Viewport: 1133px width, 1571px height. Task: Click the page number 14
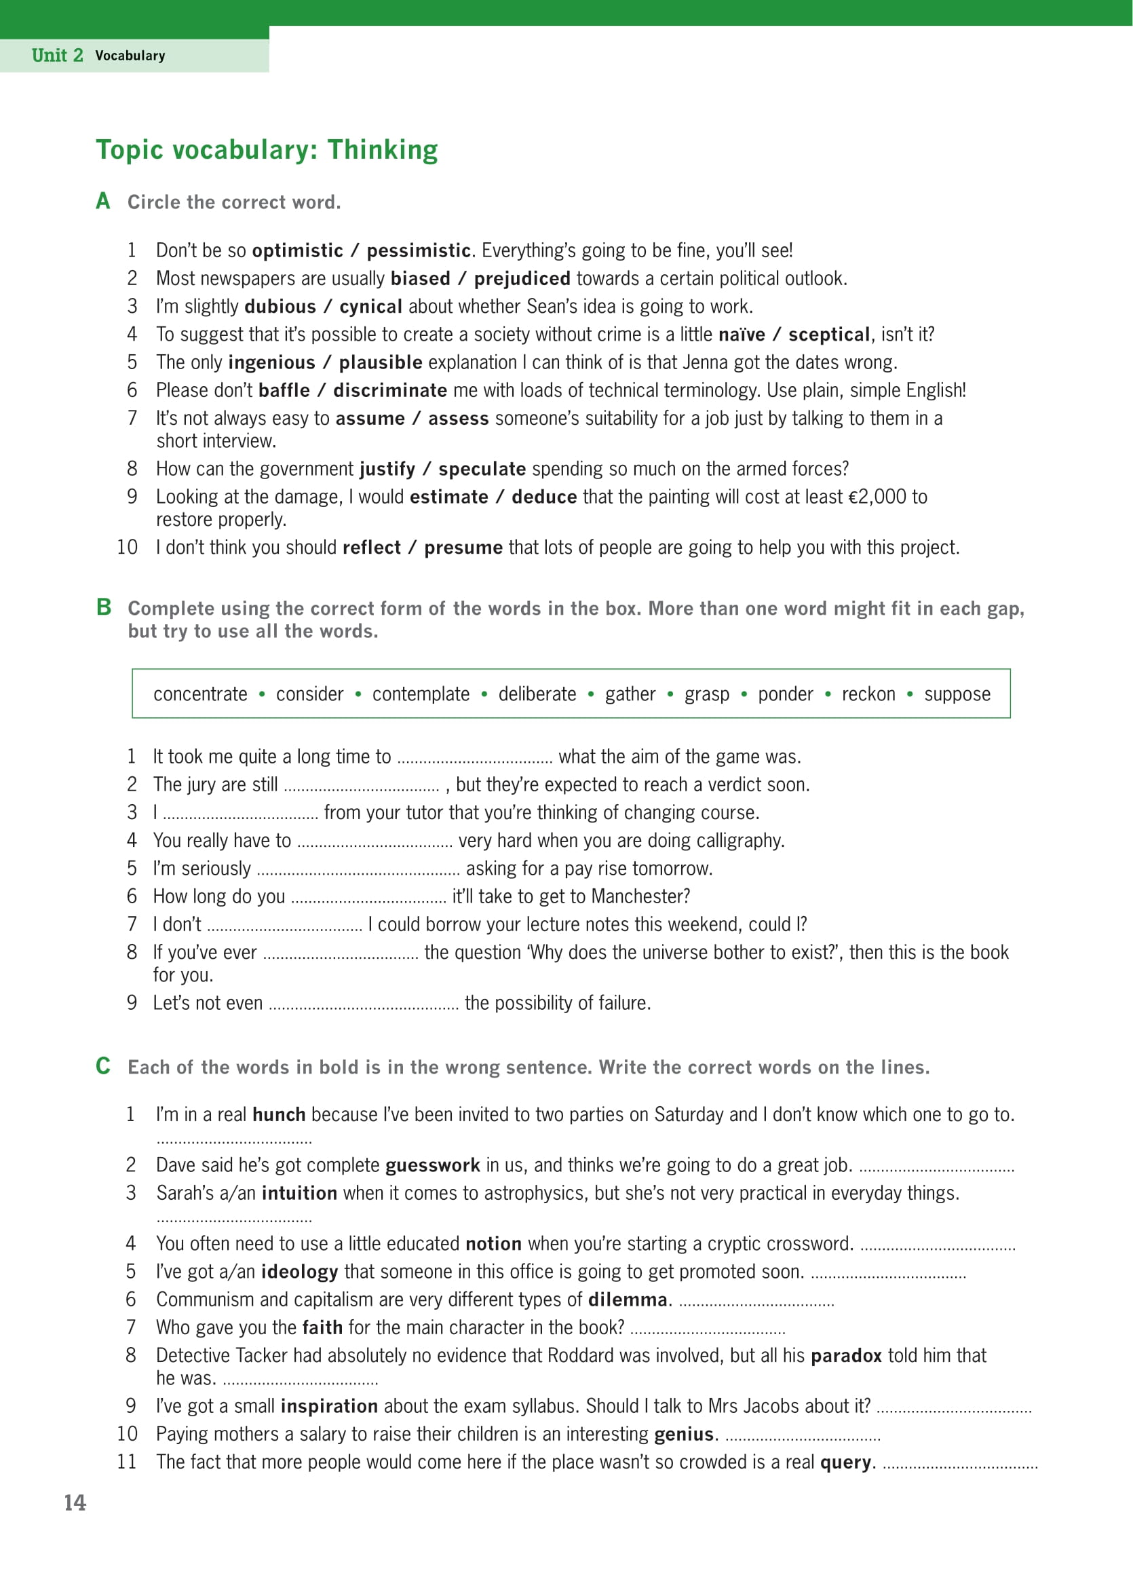point(75,1502)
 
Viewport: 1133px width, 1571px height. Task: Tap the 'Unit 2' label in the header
point(58,56)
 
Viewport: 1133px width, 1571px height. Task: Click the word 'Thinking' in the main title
point(382,150)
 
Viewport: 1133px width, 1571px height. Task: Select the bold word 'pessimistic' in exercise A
point(419,251)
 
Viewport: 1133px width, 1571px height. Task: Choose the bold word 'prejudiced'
point(522,278)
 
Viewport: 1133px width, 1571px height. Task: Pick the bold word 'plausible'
point(380,362)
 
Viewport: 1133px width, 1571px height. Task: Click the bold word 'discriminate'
point(390,391)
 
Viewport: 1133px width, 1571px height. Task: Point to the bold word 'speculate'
point(482,469)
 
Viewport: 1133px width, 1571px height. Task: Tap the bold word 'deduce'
point(543,497)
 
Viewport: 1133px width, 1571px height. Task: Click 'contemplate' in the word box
point(421,694)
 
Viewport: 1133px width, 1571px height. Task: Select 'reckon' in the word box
point(868,694)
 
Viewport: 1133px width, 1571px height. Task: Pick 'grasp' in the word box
point(706,695)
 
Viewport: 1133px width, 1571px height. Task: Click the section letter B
point(104,607)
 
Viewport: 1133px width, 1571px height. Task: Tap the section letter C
point(103,1065)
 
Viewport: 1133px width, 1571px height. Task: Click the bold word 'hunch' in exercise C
point(278,1114)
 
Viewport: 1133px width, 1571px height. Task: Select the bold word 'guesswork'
point(432,1165)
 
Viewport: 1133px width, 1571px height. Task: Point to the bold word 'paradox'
point(845,1356)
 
